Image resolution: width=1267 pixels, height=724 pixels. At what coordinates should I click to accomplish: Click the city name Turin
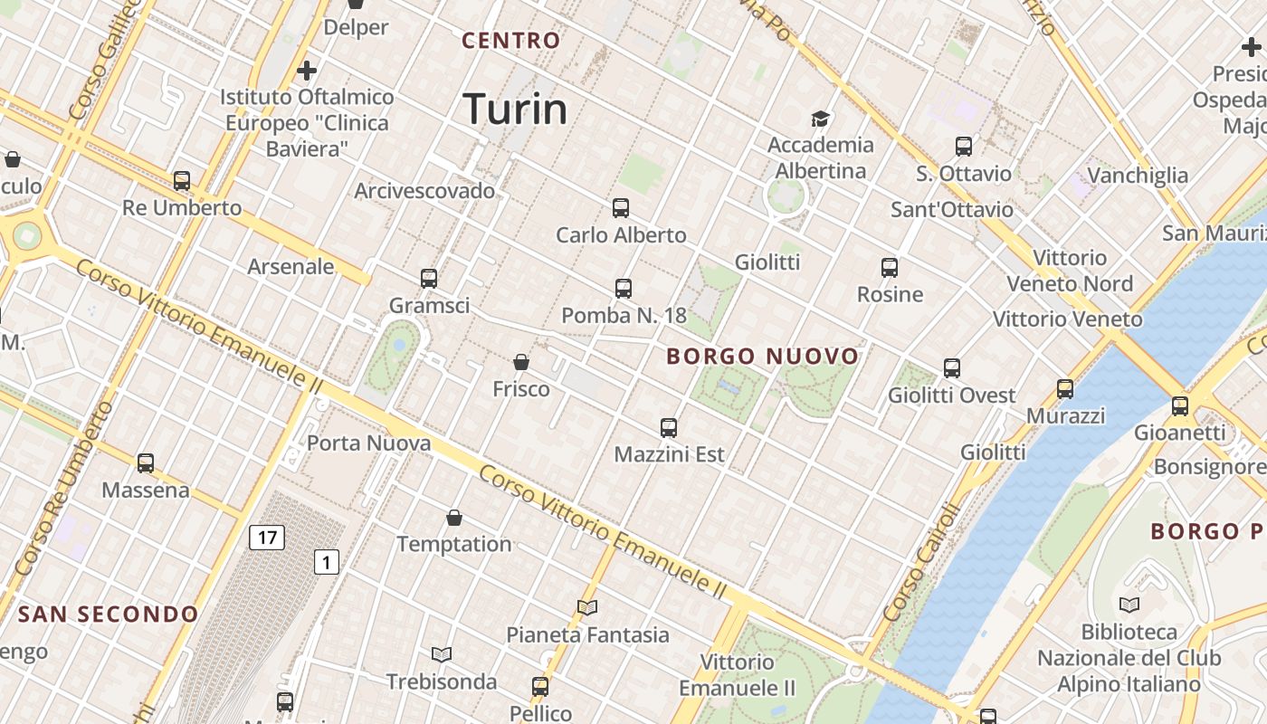(x=515, y=109)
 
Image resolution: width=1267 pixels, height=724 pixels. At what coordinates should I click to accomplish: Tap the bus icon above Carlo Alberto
(x=621, y=208)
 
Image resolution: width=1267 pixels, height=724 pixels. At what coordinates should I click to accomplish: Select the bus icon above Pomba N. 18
(x=624, y=289)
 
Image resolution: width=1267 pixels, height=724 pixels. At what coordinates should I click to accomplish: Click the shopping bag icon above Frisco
(x=521, y=362)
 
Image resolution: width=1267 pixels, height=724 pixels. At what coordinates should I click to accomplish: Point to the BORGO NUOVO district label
(x=762, y=357)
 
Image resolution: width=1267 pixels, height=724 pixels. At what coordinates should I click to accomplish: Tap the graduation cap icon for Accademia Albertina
(x=821, y=119)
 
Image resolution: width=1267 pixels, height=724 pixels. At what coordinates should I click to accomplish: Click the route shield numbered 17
(x=267, y=538)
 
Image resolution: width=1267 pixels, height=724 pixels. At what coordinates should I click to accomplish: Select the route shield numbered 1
(x=326, y=562)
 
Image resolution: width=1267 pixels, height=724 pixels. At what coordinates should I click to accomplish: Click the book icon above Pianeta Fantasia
(x=587, y=608)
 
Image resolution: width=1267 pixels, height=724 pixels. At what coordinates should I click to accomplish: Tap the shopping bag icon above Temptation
(x=454, y=518)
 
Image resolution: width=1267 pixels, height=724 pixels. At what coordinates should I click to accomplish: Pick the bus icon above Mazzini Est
(x=669, y=428)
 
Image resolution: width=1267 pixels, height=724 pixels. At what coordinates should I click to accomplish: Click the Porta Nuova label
(x=368, y=443)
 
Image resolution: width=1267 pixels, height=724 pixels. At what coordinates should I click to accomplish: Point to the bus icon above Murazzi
(x=1065, y=389)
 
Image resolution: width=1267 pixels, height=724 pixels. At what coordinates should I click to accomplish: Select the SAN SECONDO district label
(x=108, y=614)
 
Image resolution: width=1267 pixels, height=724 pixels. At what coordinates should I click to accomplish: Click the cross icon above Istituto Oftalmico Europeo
(x=307, y=70)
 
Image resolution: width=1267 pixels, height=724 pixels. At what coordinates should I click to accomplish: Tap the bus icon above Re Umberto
(x=182, y=181)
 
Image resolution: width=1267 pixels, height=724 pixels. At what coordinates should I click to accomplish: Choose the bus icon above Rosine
(x=890, y=268)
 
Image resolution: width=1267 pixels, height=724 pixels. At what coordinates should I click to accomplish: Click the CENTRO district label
(x=511, y=41)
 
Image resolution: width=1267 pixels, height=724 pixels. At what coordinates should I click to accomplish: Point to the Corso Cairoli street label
(x=919, y=562)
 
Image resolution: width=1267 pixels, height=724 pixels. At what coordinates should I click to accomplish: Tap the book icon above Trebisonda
(x=442, y=654)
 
